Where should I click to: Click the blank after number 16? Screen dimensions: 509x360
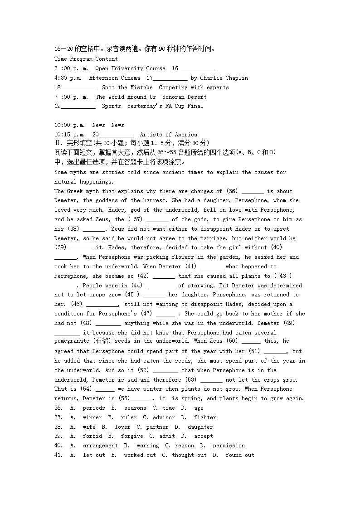pyautogui.click(x=199, y=69)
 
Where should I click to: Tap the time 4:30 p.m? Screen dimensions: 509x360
pyautogui.click(x=68, y=78)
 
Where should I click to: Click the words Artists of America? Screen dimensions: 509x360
pyautogui.click(x=168, y=135)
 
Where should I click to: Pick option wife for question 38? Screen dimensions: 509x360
pyautogui.click(x=89, y=427)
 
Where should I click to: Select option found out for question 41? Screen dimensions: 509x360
pyautogui.click(x=239, y=455)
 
